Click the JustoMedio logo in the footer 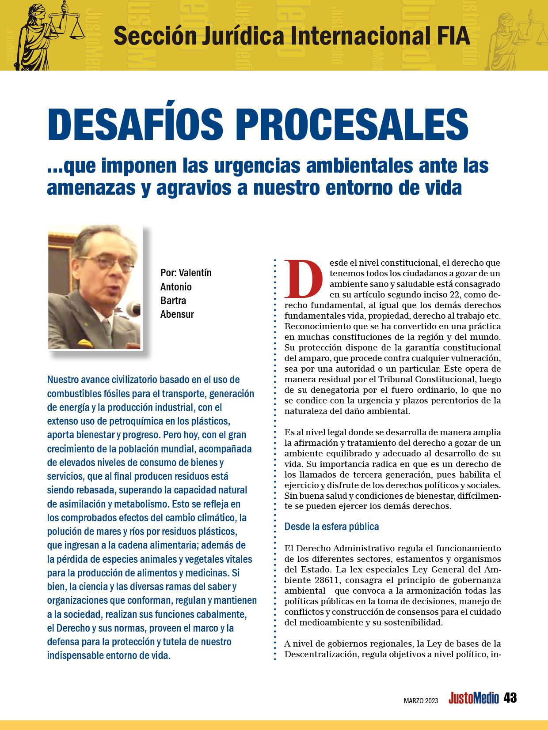click(x=473, y=698)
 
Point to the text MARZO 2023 click(x=421, y=700)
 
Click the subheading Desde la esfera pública click(x=331, y=527)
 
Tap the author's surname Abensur click(x=177, y=314)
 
